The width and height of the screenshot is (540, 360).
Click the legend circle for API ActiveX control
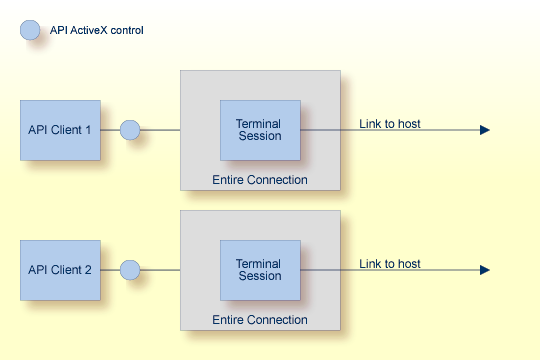30,30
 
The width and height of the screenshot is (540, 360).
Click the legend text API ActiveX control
97,30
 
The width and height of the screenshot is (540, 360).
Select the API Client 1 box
60,130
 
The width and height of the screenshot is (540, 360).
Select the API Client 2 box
60,270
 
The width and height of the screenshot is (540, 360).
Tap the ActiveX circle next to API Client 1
130,130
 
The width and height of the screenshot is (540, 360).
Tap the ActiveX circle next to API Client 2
130,270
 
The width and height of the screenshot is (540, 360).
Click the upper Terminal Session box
260,130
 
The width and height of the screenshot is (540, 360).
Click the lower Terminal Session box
260,270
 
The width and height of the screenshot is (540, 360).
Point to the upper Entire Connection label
260,180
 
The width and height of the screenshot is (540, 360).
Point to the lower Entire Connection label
260,320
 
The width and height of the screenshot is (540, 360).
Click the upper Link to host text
390,124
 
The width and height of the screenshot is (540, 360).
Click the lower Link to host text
390,264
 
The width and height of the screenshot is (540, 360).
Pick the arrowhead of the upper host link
485,130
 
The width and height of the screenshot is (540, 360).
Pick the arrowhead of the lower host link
485,270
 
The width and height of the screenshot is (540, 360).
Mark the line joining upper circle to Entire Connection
160,130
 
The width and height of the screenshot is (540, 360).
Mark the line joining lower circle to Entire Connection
160,270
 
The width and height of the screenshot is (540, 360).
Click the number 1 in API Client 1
88,130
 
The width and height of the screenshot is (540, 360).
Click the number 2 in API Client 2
88,270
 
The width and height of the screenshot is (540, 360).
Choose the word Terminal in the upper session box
258,124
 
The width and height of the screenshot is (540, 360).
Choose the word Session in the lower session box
258,277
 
